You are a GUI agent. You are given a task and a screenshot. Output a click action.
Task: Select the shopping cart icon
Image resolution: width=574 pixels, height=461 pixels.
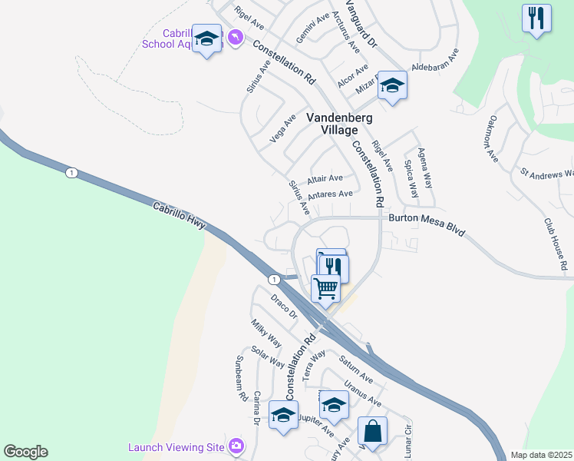(x=325, y=290)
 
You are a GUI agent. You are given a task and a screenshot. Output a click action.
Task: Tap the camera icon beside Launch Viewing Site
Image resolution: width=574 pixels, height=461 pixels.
(x=236, y=446)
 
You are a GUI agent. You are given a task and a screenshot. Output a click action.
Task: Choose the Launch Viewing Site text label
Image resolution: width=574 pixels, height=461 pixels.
(x=176, y=447)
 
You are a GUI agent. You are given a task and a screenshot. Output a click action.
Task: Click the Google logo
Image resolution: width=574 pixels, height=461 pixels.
(x=25, y=452)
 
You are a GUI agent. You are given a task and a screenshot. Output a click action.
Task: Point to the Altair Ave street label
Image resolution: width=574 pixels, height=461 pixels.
(x=325, y=178)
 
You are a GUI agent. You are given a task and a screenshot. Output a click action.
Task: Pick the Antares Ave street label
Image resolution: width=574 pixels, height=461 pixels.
(x=329, y=194)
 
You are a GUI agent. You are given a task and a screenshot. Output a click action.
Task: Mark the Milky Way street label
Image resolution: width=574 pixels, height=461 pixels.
(x=266, y=334)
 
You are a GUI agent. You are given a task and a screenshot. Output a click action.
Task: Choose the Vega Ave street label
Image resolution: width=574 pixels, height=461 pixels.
(x=283, y=128)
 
